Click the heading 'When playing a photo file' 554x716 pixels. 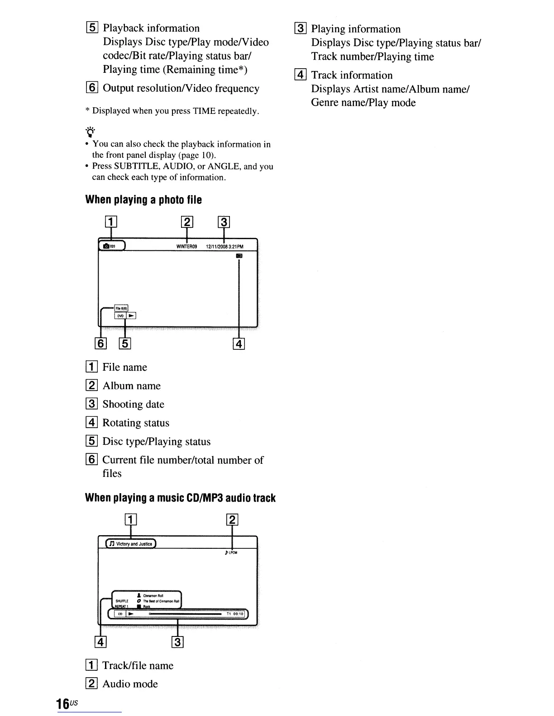(x=143, y=200)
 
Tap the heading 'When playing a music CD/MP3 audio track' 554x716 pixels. (x=180, y=498)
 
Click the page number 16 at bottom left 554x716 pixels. (x=62, y=703)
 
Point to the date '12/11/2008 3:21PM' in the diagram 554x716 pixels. (x=224, y=246)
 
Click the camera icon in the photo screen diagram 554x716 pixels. (x=106, y=246)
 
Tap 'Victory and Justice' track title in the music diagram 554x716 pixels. (x=134, y=544)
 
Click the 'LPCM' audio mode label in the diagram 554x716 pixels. (x=232, y=552)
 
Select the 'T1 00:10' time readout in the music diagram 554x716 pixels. (x=235, y=614)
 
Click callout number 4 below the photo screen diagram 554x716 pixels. (x=239, y=344)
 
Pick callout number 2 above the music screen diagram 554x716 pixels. (x=232, y=520)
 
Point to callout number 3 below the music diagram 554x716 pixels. (x=178, y=642)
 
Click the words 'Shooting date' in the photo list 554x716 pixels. (x=133, y=404)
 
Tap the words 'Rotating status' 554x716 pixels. (x=136, y=423)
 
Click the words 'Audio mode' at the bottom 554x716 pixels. (x=130, y=683)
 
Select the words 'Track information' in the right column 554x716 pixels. (x=352, y=75)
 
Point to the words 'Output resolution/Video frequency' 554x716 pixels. (x=181, y=88)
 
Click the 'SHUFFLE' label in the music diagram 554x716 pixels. (x=122, y=601)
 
